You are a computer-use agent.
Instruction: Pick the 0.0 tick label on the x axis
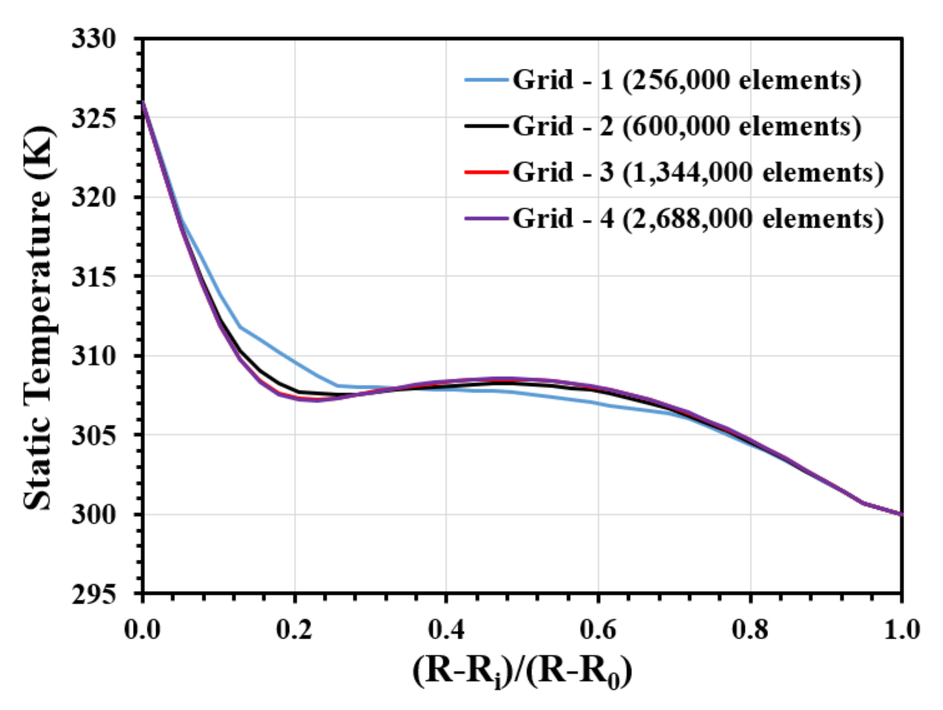click(142, 629)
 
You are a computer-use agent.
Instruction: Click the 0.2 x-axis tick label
click(294, 629)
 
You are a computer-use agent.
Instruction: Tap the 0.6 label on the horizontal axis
click(598, 629)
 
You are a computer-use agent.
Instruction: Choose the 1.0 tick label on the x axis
click(901, 629)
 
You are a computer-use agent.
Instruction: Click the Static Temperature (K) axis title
click(38, 318)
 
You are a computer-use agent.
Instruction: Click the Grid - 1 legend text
click(687, 80)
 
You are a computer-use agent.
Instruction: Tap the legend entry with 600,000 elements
click(687, 126)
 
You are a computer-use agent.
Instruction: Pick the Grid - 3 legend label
click(698, 172)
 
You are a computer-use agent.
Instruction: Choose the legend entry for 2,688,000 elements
click(698, 219)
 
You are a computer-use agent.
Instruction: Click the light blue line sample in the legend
click(486, 80)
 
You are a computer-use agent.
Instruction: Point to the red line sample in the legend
click(486, 172)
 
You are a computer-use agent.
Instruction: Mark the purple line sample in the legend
click(486, 219)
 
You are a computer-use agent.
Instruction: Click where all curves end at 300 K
click(901, 515)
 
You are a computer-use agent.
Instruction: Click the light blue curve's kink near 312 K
click(240, 327)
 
